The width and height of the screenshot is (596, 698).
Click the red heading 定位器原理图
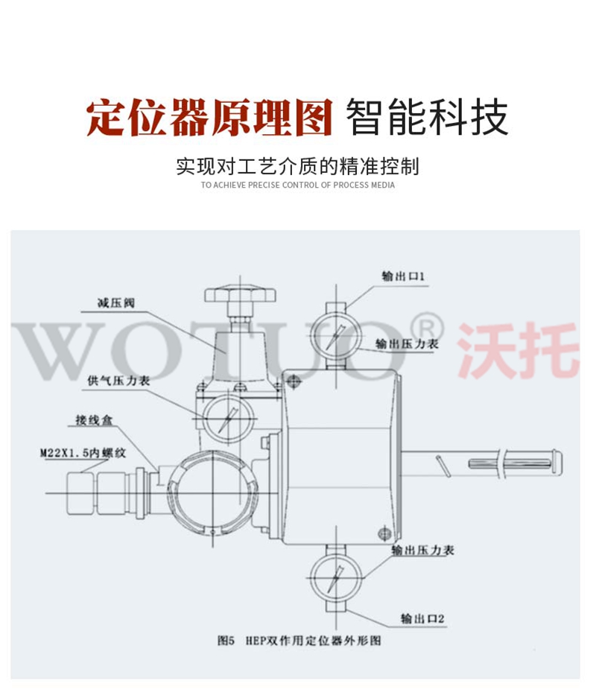point(209,118)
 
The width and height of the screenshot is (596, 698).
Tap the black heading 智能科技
point(427,117)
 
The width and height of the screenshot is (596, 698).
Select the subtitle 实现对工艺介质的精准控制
point(298,166)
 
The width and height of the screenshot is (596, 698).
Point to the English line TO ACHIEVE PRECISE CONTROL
point(298,185)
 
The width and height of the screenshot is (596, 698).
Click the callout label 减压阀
point(116,303)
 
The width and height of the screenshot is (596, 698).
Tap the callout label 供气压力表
point(119,381)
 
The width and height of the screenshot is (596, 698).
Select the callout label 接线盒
point(95,420)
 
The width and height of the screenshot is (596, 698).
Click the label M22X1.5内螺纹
point(83,453)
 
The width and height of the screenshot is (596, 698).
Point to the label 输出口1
point(403,276)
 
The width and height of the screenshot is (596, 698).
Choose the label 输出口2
point(422,618)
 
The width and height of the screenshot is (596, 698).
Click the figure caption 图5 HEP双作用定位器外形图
point(299,640)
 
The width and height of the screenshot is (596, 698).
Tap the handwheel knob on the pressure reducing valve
point(240,294)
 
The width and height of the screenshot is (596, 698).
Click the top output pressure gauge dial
point(335,336)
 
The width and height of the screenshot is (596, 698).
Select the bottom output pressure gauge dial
point(335,578)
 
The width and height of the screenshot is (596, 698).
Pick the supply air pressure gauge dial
point(229,418)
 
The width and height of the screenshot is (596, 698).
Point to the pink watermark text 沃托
point(519,350)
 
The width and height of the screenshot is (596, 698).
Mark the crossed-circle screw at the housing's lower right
point(384,533)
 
